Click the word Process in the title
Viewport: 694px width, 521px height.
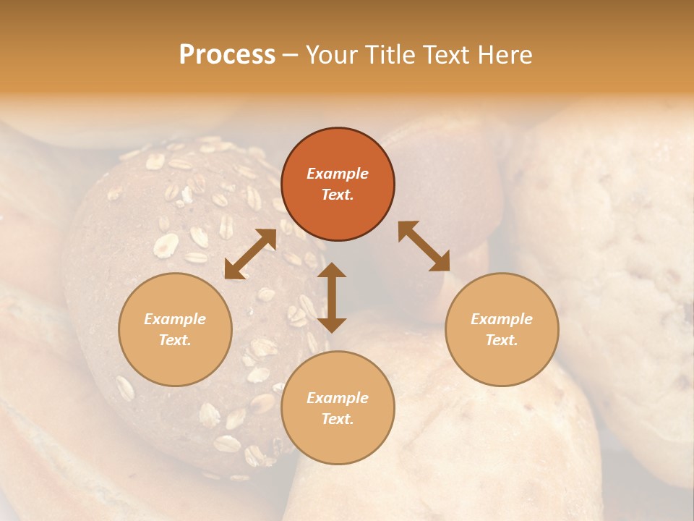point(227,55)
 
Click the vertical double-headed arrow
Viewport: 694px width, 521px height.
point(332,297)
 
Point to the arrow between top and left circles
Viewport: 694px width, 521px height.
point(250,254)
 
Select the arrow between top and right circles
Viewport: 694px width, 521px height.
point(424,246)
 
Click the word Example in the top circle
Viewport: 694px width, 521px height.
point(338,174)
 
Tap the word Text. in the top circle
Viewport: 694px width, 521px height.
point(338,195)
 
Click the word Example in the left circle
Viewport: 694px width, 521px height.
point(175,319)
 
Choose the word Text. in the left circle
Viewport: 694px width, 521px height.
point(175,340)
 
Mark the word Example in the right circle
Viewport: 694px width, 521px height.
point(502,319)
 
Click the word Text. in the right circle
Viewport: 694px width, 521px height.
point(502,340)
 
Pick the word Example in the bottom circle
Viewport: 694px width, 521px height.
point(338,398)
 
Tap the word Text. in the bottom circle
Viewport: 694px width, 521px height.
point(338,419)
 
